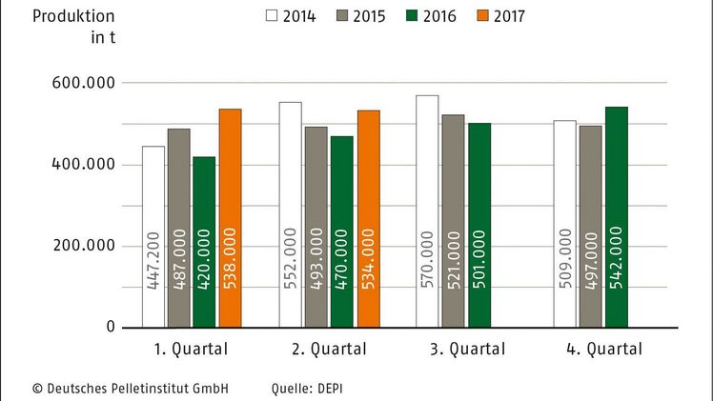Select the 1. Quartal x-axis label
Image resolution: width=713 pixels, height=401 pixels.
pyautogui.click(x=192, y=349)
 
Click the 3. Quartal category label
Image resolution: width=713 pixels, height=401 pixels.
pyautogui.click(x=465, y=349)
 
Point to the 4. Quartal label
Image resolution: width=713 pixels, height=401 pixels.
pyautogui.click(x=602, y=349)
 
